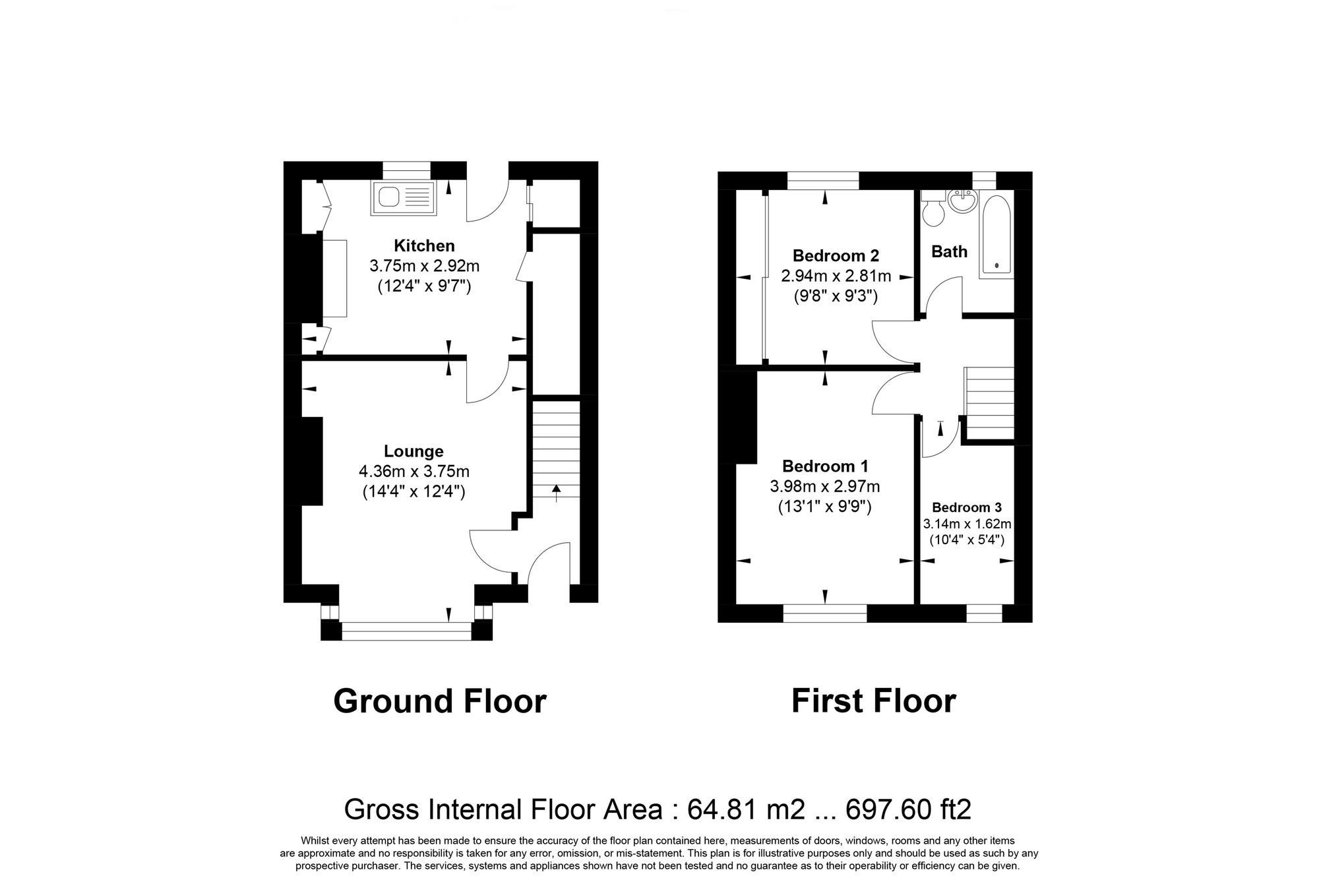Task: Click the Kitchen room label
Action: coord(424,246)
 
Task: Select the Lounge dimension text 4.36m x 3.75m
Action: coord(414,472)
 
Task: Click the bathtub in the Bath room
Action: coord(997,234)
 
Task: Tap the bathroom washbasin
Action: coord(964,201)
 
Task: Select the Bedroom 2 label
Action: coord(836,255)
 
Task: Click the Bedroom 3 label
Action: coord(966,507)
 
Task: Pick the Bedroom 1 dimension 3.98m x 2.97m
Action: coord(824,487)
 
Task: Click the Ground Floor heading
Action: coord(439,701)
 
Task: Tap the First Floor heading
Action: coord(873,701)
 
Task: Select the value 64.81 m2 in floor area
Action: coord(746,809)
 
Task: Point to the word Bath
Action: coord(949,251)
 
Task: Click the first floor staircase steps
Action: coord(989,403)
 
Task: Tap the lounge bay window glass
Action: coord(407,631)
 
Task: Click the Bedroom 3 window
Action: coord(984,613)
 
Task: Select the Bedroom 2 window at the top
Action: coord(823,181)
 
